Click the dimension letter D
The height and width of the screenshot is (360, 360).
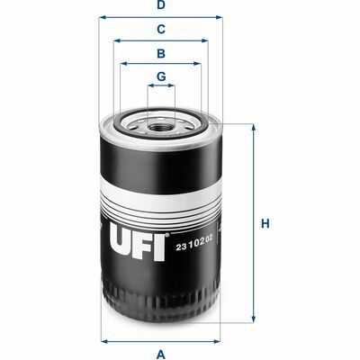161,5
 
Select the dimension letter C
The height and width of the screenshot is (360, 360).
161,30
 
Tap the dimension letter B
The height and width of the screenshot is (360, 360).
161,53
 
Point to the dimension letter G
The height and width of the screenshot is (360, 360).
161,76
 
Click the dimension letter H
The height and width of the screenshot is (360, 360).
265,224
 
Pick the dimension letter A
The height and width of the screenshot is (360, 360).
161,355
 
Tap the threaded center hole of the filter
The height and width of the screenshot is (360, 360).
161,128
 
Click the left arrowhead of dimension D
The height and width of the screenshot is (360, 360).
103,17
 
